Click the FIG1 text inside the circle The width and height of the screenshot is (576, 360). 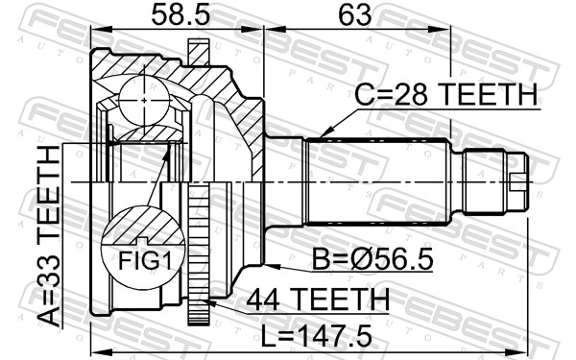140,258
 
